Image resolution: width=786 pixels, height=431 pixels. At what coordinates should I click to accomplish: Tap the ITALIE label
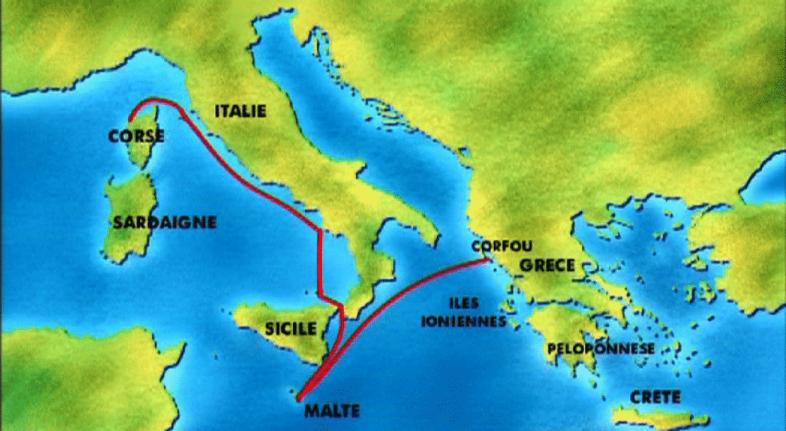[x=240, y=111]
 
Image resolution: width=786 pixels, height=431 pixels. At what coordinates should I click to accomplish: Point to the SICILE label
[x=290, y=328]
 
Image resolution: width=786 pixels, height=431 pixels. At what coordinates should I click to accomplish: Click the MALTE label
[x=333, y=410]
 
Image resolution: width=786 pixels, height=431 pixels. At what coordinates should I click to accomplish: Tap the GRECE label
[x=547, y=265]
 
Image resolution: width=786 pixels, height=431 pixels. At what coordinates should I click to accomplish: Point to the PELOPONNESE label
[x=601, y=349]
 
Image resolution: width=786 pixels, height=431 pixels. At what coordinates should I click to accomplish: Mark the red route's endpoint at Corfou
[x=489, y=259]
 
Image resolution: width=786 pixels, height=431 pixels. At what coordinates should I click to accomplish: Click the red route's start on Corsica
[x=130, y=120]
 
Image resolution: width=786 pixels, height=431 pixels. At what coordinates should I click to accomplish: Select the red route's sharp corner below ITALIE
[x=321, y=231]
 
